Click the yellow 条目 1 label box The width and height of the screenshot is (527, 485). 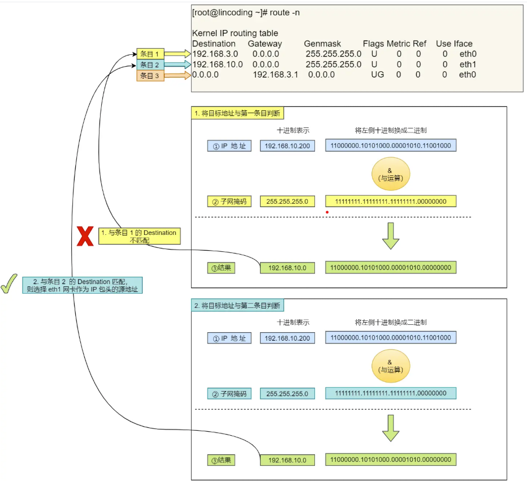(150, 54)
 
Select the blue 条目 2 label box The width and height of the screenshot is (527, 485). (150, 65)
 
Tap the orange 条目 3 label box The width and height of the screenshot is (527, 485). (150, 75)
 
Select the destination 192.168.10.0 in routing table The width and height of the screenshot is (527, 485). (218, 65)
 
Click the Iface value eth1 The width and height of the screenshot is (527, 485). (467, 65)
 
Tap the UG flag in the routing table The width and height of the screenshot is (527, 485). (377, 75)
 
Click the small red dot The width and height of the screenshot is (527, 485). (327, 212)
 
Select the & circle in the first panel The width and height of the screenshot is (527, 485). (390, 174)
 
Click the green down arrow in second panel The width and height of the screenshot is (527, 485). (390, 428)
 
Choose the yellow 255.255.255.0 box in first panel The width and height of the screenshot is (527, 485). (287, 201)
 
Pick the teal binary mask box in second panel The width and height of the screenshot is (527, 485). (390, 393)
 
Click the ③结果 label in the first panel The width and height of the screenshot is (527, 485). (221, 268)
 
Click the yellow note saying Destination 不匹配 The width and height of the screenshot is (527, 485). (139, 237)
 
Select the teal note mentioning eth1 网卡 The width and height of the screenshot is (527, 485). (83, 285)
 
